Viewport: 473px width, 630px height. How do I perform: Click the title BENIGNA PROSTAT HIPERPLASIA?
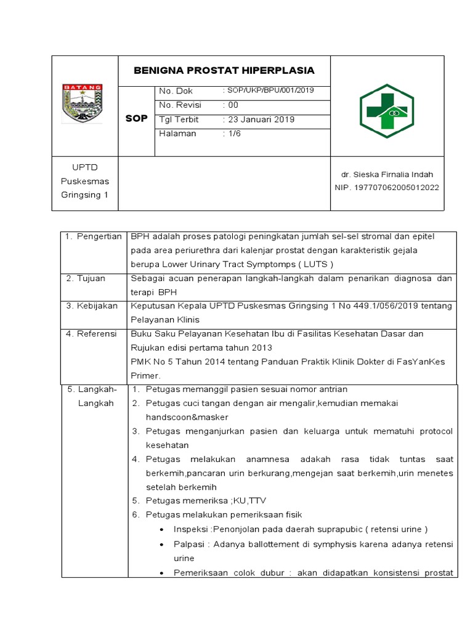pos(224,70)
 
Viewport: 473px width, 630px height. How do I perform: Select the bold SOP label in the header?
pos(136,118)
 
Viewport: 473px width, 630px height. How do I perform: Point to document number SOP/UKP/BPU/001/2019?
pos(269,90)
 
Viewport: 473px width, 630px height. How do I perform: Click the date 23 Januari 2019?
pos(259,119)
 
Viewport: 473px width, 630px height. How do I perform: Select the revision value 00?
pos(233,105)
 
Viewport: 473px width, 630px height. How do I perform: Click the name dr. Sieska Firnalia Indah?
pos(387,175)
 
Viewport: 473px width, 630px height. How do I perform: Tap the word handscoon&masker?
pos(179,417)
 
